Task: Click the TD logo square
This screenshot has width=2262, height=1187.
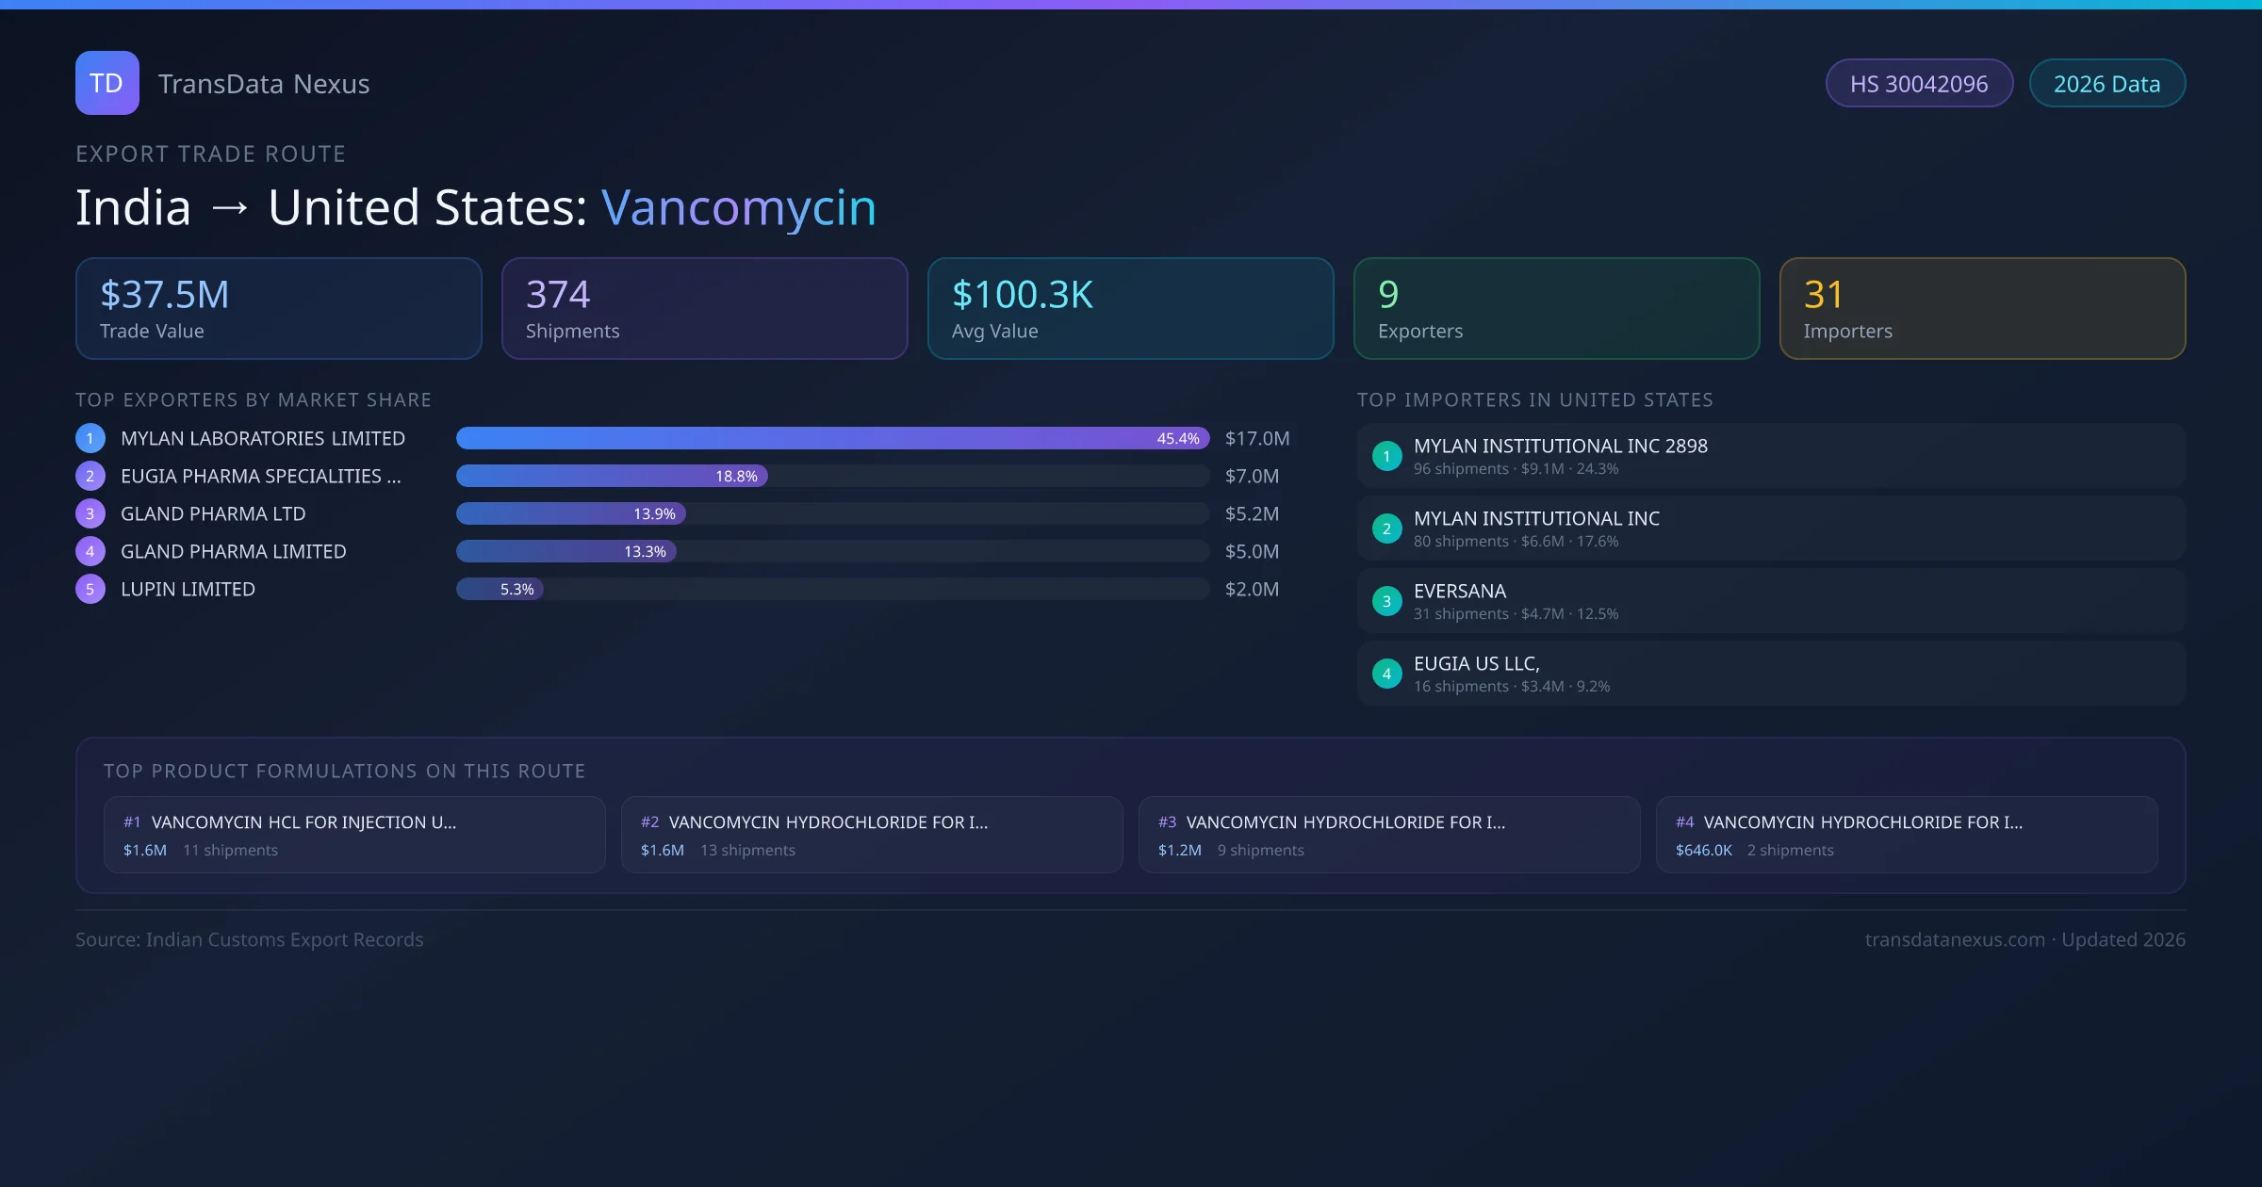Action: coord(107,83)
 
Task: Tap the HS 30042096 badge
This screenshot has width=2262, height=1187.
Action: coord(1919,84)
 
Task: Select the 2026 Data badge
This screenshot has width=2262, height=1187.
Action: coord(2106,84)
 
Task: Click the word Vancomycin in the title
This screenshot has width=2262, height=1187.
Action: coord(738,207)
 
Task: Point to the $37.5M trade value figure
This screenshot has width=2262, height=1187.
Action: coord(165,295)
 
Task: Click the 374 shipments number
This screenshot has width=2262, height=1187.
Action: coord(558,295)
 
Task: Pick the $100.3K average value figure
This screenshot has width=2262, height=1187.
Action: coord(1023,295)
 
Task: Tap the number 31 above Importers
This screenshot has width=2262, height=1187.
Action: coord(1823,295)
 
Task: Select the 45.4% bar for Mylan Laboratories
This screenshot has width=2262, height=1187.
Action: coord(832,438)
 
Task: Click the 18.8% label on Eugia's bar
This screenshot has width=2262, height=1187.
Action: coord(736,477)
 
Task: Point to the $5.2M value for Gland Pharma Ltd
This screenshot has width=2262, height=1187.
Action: coord(1252,514)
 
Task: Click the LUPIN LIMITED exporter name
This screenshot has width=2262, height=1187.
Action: coord(188,590)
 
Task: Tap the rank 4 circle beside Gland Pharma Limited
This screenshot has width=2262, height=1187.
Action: coord(90,552)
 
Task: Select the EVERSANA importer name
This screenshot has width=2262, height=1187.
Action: coord(1460,592)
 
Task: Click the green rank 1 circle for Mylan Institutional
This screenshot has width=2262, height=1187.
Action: coord(1386,457)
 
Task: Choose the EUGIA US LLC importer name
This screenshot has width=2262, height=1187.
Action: coord(1476,664)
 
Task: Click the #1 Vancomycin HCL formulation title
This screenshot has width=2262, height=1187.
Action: coord(303,822)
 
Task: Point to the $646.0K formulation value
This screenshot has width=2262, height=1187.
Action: coord(1703,851)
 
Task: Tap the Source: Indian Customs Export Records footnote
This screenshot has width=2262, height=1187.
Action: coord(250,940)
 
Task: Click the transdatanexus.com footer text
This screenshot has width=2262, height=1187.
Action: coord(1955,940)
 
